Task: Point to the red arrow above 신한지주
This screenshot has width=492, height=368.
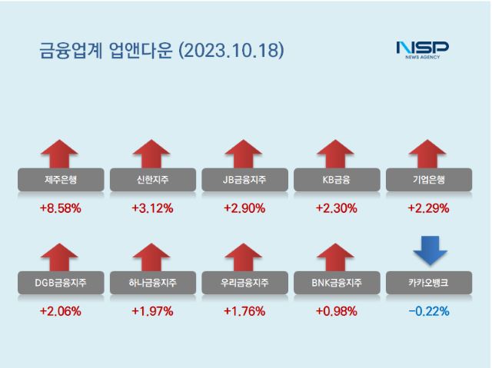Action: (152, 153)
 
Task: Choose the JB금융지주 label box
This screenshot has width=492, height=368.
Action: (244, 180)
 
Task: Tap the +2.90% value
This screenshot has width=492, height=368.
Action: (244, 207)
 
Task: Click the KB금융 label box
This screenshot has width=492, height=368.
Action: (337, 180)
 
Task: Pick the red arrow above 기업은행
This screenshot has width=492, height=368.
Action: (429, 153)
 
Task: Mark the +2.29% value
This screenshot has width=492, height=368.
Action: (429, 207)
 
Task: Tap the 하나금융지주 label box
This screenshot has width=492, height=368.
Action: (152, 283)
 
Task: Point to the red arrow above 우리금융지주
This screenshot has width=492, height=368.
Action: (244, 257)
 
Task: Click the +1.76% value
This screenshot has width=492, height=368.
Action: (244, 311)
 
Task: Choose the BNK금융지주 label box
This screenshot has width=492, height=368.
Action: (337, 283)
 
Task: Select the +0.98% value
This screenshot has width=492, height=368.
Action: (337, 311)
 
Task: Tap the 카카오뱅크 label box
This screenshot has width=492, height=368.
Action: (429, 283)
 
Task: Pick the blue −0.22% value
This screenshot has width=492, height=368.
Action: (429, 311)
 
